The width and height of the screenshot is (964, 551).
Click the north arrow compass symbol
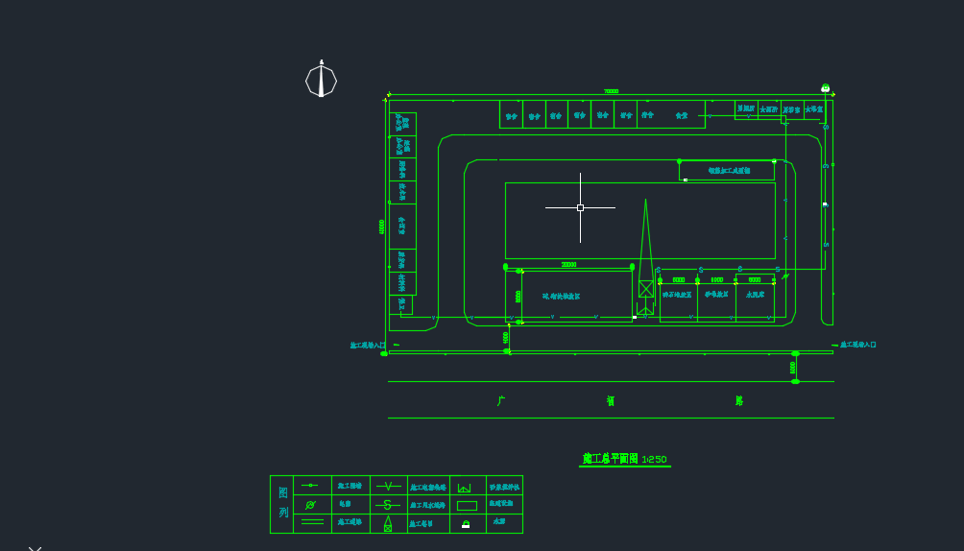point(321,80)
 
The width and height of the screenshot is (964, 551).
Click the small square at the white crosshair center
point(580,207)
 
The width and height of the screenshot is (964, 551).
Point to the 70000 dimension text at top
point(611,92)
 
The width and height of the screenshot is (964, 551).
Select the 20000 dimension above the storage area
point(568,265)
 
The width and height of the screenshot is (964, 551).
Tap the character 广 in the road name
point(501,401)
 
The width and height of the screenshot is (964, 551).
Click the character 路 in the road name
point(739,401)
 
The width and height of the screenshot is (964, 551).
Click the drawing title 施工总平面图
point(610,459)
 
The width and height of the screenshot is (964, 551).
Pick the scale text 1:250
point(654,460)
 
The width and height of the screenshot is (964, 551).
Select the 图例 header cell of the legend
point(282,503)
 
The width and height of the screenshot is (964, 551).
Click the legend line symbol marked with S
point(388,505)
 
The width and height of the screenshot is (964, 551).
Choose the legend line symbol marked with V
point(388,487)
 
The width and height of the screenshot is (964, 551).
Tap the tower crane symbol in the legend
point(388,523)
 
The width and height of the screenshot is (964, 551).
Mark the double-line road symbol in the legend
point(312,522)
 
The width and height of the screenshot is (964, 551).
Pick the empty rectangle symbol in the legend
point(467,505)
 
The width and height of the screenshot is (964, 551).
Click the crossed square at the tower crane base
point(646,288)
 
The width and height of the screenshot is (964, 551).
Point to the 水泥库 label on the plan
point(755,295)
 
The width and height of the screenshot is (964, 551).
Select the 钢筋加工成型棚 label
point(730,171)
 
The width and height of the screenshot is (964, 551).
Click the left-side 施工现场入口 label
point(368,346)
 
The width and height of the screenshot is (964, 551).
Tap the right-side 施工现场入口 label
point(858,345)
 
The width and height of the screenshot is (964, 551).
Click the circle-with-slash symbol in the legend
point(310,505)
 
